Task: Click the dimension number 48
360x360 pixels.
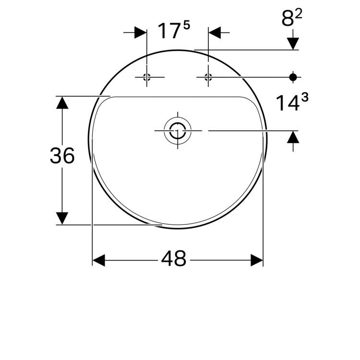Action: coord(173,260)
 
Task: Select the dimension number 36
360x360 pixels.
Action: coord(62,156)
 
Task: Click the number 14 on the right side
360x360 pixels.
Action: coord(287,103)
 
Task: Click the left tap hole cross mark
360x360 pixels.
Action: coord(147,77)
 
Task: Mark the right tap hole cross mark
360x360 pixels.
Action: coord(208,77)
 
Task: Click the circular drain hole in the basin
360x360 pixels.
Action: coord(177,130)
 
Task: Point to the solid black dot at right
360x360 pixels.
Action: coord(293,77)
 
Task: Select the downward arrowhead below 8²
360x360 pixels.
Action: coord(293,44)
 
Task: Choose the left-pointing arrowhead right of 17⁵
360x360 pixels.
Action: coord(214,33)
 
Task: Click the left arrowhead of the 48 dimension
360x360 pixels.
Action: coord(98,261)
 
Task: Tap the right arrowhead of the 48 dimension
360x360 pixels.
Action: coord(257,261)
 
